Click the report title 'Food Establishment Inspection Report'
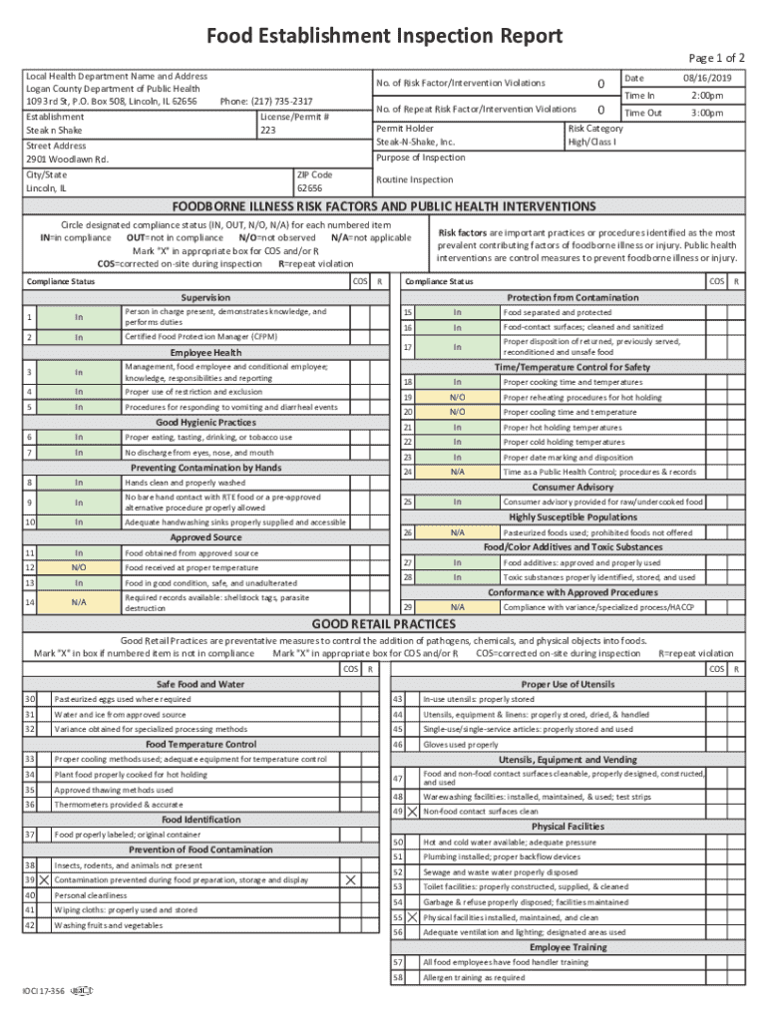click(384, 37)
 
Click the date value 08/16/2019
click(706, 78)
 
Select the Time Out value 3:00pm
click(706, 113)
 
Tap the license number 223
click(268, 130)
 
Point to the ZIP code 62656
click(309, 187)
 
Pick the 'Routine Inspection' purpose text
click(414, 179)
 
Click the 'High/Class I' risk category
click(592, 143)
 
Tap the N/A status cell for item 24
click(457, 472)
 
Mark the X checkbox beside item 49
click(412, 812)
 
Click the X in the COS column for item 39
click(350, 880)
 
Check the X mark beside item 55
click(412, 917)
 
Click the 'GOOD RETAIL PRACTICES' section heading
click(384, 624)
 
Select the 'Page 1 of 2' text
click(716, 58)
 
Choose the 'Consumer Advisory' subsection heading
click(573, 487)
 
